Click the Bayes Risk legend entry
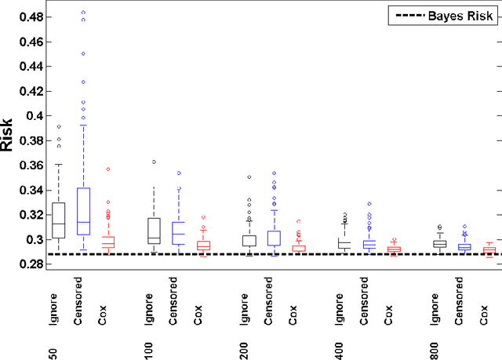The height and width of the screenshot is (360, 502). click(x=442, y=15)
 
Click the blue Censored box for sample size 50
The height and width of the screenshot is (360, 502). click(x=82, y=211)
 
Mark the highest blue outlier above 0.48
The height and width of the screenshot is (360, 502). click(x=82, y=13)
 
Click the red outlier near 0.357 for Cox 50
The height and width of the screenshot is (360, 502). click(x=107, y=169)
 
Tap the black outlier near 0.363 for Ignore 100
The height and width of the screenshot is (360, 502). click(x=154, y=162)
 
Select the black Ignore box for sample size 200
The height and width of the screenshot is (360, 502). click(x=249, y=241)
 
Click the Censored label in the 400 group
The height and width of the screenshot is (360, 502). click(x=363, y=299)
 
